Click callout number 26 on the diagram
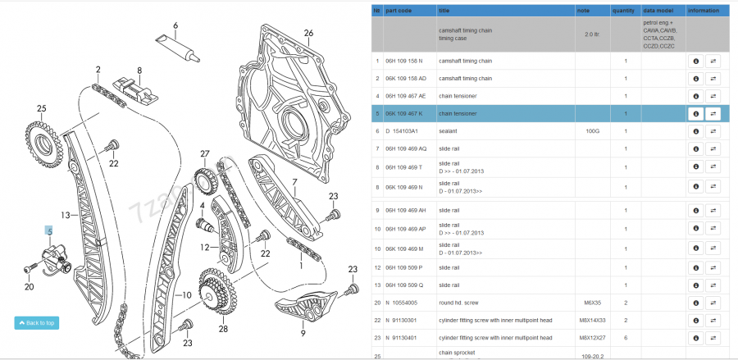308,34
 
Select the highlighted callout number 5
49,232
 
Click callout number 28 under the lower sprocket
222,329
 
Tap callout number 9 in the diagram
303,333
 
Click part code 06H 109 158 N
404,61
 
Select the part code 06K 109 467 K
403,113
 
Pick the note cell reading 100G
593,130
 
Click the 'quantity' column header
623,11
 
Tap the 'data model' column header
659,11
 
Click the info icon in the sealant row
695,130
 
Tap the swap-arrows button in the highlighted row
713,113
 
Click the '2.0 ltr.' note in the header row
591,34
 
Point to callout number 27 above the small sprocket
205,153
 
